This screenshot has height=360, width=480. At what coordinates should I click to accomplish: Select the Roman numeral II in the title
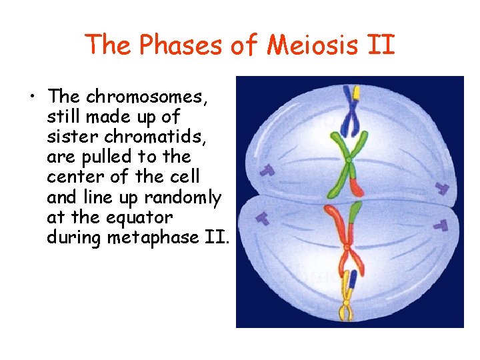coord(382,45)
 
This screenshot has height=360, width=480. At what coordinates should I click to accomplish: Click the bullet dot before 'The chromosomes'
coord(32,97)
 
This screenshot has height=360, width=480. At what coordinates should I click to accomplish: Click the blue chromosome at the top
coord(350,113)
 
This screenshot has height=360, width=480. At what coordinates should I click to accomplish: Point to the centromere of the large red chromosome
coord(346,247)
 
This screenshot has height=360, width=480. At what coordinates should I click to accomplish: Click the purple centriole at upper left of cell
coord(267,171)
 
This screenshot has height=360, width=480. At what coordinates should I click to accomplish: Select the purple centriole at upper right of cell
coord(441,188)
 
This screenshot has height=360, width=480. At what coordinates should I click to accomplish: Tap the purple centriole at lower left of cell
coord(263,217)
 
